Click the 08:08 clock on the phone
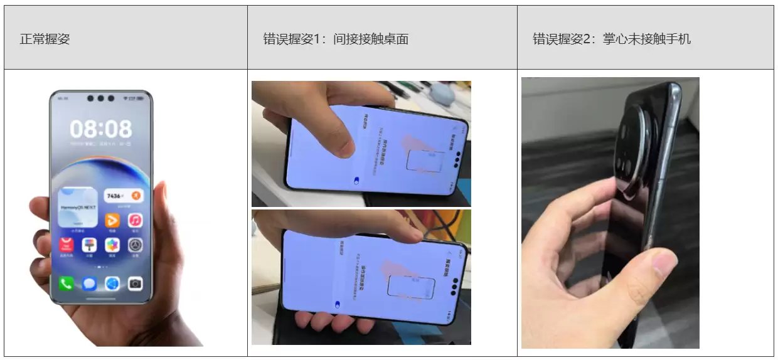(x=101, y=129)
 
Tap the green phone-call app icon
(x=66, y=283)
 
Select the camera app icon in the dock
(x=135, y=283)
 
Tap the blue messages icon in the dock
(x=89, y=283)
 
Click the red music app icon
(x=135, y=220)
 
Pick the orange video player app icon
(x=112, y=220)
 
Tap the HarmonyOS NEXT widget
(x=77, y=206)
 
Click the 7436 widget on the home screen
(x=123, y=196)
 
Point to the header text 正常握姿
(x=45, y=39)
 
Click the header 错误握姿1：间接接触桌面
(x=336, y=39)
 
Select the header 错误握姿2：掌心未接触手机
(x=612, y=39)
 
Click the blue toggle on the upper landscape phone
(x=356, y=181)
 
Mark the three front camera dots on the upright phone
(x=101, y=98)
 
